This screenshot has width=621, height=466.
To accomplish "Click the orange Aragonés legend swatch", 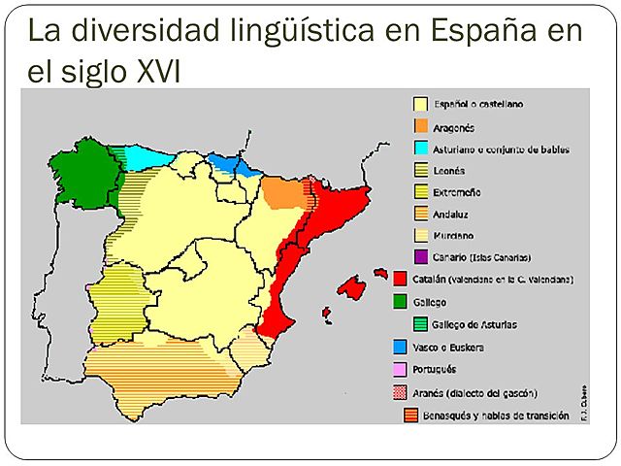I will point(421,126).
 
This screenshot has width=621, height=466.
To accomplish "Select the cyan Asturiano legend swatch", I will point(421,149).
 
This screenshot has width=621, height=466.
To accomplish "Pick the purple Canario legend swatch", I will point(421,256).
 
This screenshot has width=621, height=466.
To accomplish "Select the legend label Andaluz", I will point(453,214).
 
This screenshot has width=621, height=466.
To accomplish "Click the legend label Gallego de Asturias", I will point(474,324).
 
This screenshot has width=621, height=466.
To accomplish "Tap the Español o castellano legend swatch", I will point(421,104).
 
